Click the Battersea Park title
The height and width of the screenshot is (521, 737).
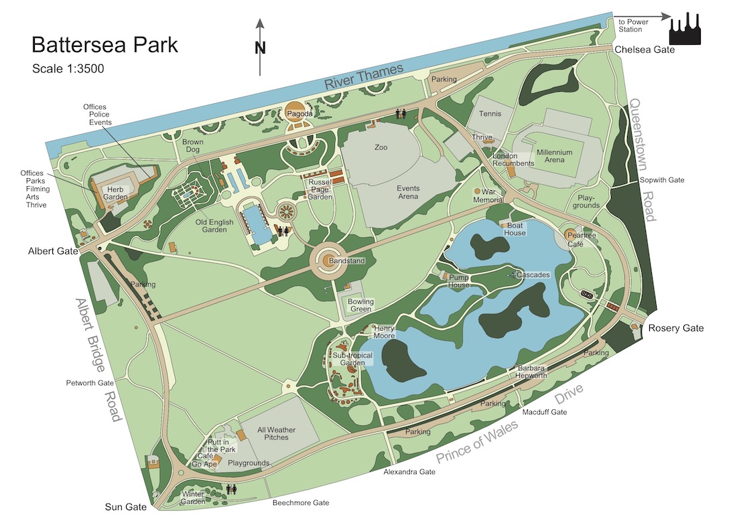105,46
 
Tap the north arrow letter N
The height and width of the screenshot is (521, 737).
261,48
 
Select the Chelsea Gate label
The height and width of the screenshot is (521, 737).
645,50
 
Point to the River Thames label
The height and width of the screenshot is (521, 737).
364,76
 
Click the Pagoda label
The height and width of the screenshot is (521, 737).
299,115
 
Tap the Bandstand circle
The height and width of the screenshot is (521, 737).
328,260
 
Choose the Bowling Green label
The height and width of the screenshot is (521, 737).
360,305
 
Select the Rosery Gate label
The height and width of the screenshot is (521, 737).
675,328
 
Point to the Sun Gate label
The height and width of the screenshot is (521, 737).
126,507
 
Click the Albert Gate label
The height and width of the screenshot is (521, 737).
53,252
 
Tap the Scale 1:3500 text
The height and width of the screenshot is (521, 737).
68,68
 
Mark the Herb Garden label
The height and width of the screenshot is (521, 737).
117,194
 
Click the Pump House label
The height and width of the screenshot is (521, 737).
459,281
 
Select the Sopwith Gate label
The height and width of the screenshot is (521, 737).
662,180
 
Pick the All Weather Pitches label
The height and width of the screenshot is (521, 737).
277,433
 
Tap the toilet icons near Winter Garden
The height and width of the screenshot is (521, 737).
232,489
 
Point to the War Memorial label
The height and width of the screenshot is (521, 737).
488,196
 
